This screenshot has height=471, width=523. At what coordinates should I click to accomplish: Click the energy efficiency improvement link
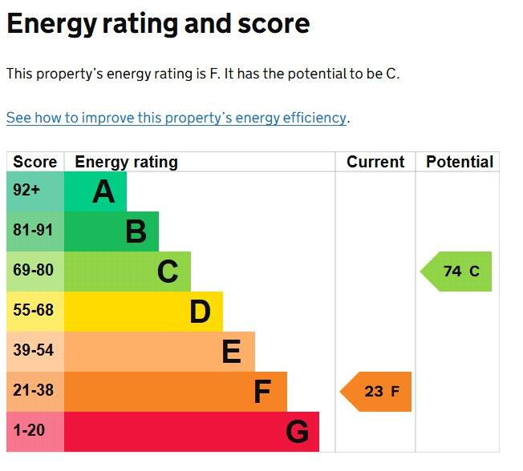[x=176, y=118]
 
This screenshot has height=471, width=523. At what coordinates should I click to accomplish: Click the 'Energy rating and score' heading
[x=158, y=24]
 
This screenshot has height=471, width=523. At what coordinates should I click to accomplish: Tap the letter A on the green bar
[x=103, y=192]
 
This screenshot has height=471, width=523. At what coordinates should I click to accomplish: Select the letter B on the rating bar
[x=136, y=232]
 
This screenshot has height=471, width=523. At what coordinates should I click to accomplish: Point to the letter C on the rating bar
[x=168, y=272]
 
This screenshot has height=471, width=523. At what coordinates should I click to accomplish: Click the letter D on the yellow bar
[x=200, y=312]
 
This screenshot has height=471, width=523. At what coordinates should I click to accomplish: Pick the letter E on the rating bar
[x=231, y=352]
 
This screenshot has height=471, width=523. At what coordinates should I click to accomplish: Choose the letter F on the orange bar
[x=262, y=392]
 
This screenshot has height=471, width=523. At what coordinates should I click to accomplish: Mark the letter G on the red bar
[x=297, y=433]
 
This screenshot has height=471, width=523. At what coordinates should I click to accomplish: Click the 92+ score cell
[x=26, y=191]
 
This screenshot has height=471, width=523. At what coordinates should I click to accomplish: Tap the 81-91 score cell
[x=33, y=231]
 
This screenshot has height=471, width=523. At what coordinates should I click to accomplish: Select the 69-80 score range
[x=33, y=271]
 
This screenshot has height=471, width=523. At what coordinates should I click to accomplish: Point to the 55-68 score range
[x=33, y=311]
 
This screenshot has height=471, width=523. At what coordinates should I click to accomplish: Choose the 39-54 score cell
[x=33, y=351]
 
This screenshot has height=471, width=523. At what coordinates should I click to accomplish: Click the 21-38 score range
[x=33, y=391]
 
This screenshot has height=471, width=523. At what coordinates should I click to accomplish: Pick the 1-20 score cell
[x=30, y=431]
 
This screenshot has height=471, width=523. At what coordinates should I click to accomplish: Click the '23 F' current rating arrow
[x=377, y=392]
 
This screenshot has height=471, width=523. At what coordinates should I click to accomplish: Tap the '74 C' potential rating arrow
[x=457, y=272]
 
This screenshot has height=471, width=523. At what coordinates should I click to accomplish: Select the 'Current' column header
[x=375, y=162]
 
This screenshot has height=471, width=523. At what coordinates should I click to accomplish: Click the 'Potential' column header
[x=460, y=162]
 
